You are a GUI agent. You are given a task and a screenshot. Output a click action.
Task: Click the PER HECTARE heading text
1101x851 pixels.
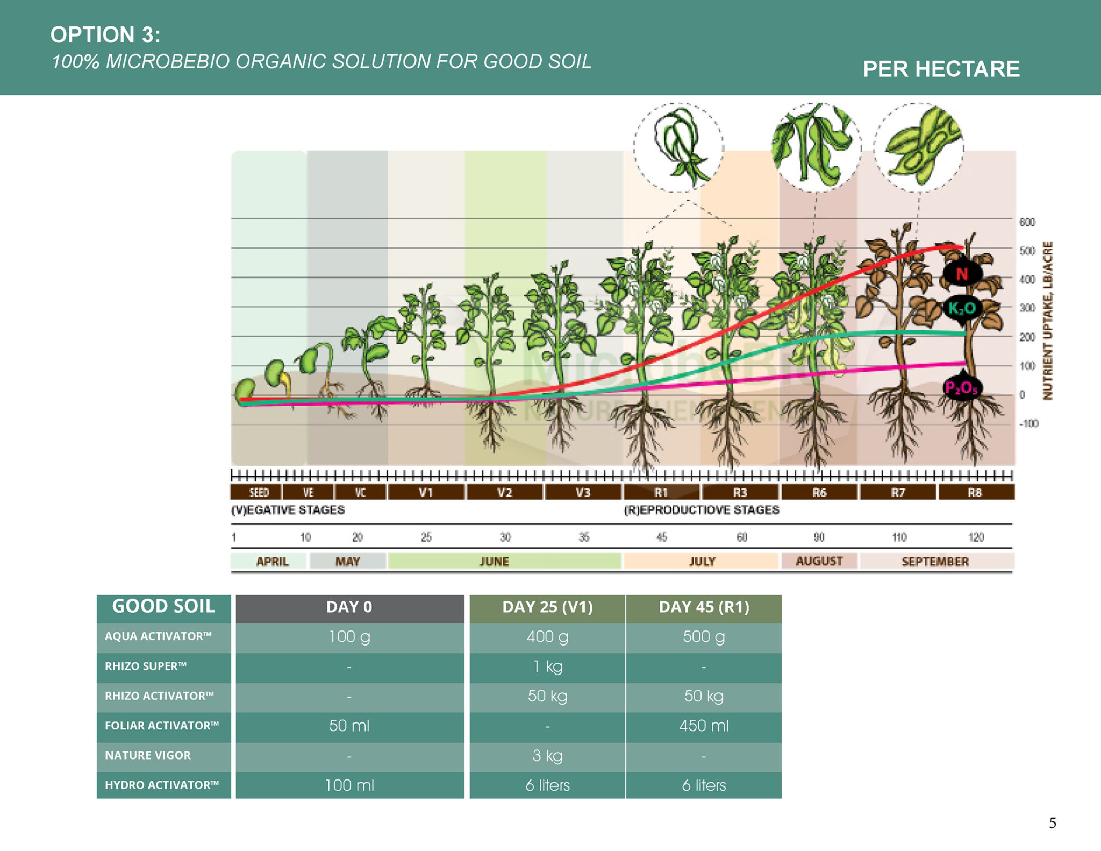point(941,69)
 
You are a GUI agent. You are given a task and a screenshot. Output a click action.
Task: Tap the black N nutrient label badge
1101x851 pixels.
point(962,274)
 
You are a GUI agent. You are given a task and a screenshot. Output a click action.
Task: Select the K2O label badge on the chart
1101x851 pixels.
point(962,309)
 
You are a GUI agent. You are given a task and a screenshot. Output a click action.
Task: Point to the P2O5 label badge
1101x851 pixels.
point(962,387)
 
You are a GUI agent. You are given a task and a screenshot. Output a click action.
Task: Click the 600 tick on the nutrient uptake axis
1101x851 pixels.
point(1027,222)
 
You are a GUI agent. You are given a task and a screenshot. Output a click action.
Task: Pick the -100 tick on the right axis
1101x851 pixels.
point(1028,423)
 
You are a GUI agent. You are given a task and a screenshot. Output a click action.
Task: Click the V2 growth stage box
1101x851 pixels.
point(504,492)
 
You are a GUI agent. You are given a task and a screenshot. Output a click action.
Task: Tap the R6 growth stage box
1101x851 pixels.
point(819,492)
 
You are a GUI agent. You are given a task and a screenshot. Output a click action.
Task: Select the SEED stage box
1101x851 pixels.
point(259,492)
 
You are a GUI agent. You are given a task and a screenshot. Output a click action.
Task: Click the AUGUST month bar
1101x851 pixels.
point(819,561)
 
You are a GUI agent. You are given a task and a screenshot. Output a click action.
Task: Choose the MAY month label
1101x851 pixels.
point(347,561)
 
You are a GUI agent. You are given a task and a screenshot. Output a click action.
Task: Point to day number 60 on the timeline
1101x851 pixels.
point(742,537)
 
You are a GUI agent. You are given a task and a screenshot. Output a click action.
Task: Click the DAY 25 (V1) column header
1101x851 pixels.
point(547,607)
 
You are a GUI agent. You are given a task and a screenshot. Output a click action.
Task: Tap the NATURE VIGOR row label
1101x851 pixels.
point(148,755)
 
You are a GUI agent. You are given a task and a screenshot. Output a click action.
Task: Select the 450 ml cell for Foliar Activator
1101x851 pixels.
point(704,726)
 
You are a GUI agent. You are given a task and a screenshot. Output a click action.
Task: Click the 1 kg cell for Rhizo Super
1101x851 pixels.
point(547,666)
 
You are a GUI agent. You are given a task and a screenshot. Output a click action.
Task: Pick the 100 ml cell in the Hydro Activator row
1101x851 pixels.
point(349,785)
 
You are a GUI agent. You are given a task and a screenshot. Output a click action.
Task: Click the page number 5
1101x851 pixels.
point(1052,823)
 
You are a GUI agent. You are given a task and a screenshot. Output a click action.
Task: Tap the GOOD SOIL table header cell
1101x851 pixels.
point(163,607)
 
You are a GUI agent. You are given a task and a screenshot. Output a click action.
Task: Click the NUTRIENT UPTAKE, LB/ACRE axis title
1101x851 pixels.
point(1047,321)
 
